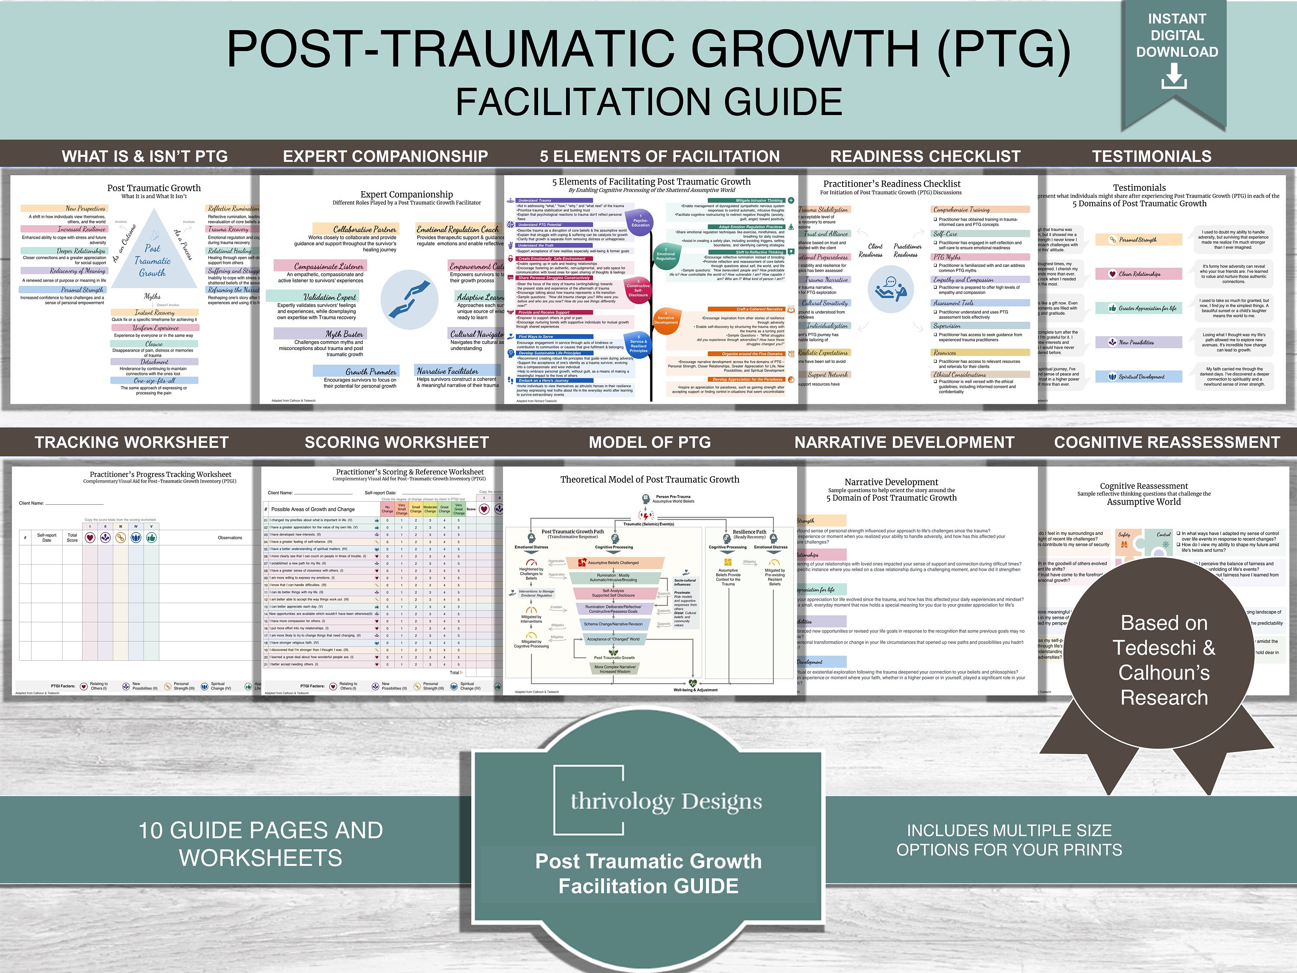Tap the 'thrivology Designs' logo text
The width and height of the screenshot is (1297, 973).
click(x=666, y=801)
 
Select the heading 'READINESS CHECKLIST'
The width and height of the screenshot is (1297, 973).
click(x=925, y=156)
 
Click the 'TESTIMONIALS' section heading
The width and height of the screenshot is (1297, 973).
click(x=1152, y=156)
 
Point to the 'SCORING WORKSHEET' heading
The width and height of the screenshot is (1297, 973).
click(x=396, y=442)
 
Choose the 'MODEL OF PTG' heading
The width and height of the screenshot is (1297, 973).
click(x=650, y=442)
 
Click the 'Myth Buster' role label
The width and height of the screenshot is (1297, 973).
click(x=344, y=334)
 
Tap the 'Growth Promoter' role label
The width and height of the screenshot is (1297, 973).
click(x=371, y=371)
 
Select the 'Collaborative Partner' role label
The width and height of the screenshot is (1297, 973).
click(x=365, y=229)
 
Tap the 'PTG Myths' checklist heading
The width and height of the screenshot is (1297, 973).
click(x=946, y=257)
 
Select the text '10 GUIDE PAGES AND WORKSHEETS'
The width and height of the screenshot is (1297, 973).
click(x=260, y=843)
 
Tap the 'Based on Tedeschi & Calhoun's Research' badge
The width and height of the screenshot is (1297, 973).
click(x=1163, y=660)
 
